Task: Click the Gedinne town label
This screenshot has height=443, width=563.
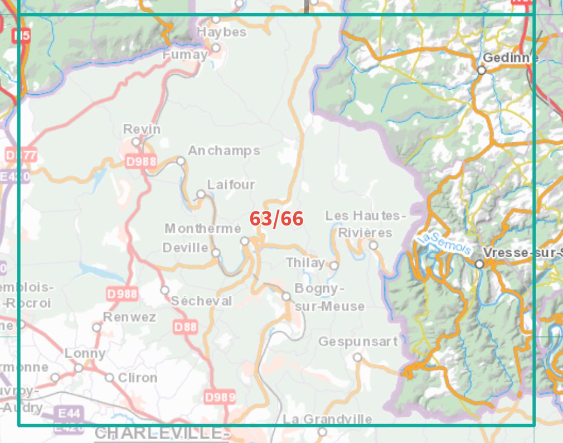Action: pyautogui.click(x=510, y=57)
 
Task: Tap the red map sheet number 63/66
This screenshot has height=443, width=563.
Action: pyautogui.click(x=276, y=219)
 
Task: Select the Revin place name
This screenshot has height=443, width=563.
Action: pyautogui.click(x=142, y=129)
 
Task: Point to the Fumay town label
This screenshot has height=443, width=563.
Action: pyautogui.click(x=185, y=55)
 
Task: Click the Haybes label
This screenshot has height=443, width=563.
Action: pyautogui.click(x=222, y=32)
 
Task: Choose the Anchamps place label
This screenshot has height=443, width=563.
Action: pyautogui.click(x=224, y=151)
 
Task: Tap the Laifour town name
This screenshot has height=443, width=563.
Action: pyautogui.click(x=231, y=184)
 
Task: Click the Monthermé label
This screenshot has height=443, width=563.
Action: pyautogui.click(x=203, y=229)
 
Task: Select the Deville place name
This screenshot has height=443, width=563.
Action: pyautogui.click(x=186, y=247)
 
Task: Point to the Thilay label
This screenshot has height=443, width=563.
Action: pyautogui.click(x=305, y=262)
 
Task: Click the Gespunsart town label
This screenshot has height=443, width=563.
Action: pyautogui.click(x=358, y=341)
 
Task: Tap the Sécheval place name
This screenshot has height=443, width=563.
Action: pyautogui.click(x=201, y=301)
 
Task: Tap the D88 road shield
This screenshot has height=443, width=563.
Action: pyautogui.click(x=185, y=327)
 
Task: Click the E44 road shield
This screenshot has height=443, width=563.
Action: pyautogui.click(x=69, y=413)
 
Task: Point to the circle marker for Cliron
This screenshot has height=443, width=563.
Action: pyautogui.click(x=109, y=378)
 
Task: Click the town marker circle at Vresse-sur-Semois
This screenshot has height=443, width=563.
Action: pyautogui.click(x=479, y=264)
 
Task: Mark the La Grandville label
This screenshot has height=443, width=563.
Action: pyautogui.click(x=327, y=419)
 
